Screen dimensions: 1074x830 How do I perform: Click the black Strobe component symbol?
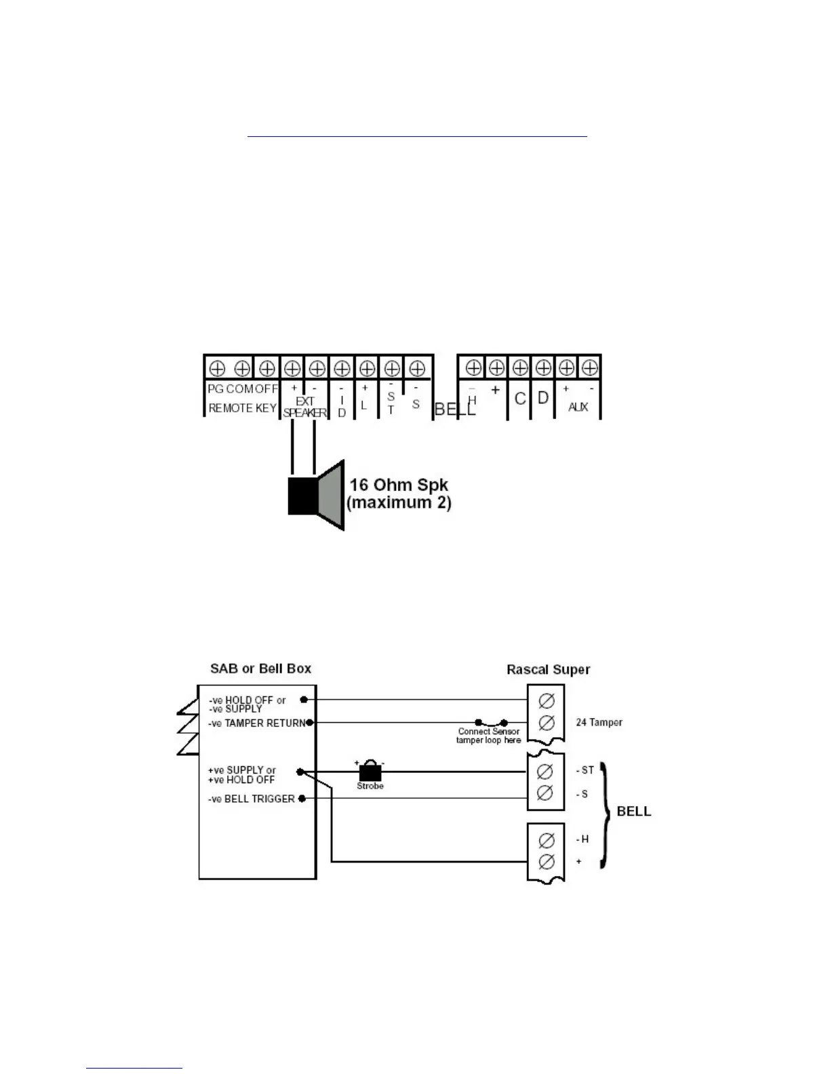(370, 772)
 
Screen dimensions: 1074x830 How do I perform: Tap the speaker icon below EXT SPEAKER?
(316, 496)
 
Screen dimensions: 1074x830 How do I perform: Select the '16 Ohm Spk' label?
(399, 485)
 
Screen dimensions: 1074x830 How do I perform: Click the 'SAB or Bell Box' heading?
(260, 669)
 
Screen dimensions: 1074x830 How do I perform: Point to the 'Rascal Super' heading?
(548, 669)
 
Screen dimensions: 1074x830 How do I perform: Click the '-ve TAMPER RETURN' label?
(257, 723)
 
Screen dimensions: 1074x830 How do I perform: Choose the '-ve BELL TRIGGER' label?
(252, 799)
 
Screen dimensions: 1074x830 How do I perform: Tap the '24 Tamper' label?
(599, 722)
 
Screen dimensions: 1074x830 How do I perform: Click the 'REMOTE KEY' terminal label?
(242, 408)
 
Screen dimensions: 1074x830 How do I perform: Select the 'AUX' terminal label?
(578, 407)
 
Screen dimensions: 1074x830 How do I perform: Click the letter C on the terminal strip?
(520, 398)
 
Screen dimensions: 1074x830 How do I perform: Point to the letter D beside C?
(543, 397)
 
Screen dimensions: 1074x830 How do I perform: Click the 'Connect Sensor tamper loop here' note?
(488, 736)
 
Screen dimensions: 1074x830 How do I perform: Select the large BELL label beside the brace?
(633, 812)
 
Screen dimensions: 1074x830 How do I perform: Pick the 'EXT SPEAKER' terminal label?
(304, 407)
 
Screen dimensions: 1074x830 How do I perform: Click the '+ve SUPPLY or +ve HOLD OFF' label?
(241, 775)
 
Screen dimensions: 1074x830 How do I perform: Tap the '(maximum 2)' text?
(399, 503)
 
